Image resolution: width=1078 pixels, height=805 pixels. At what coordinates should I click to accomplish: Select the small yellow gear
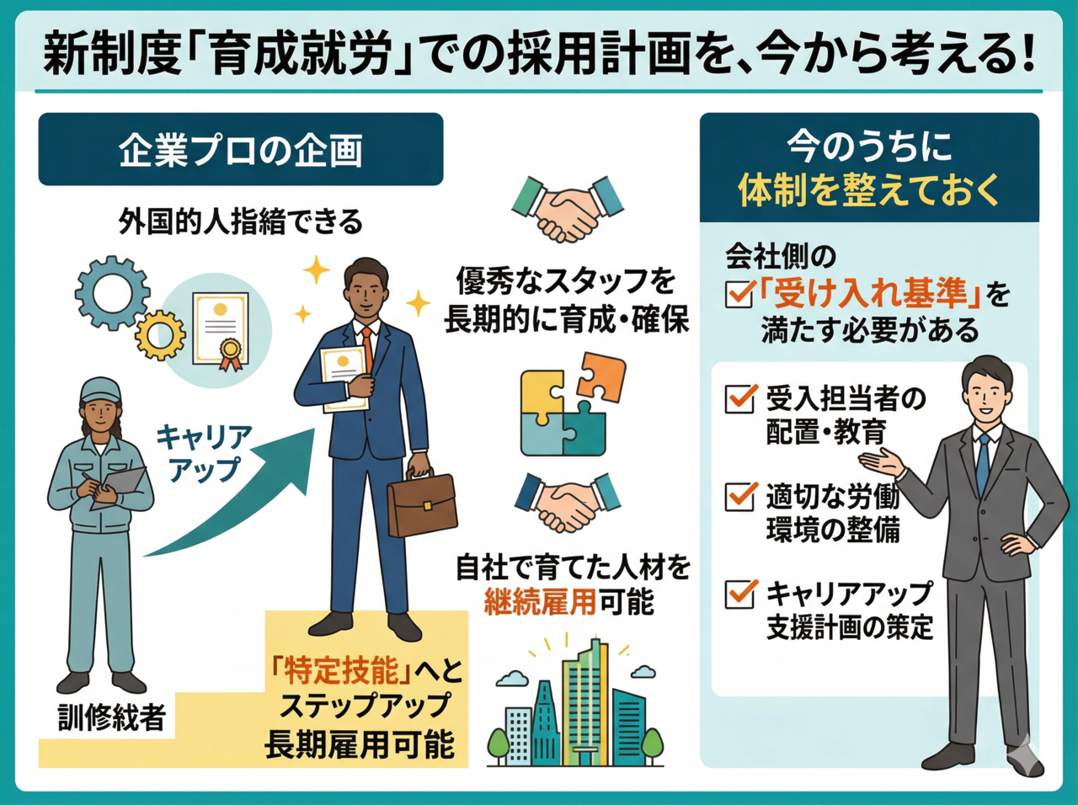160,335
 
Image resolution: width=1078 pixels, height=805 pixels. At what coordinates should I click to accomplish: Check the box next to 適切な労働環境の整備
740,497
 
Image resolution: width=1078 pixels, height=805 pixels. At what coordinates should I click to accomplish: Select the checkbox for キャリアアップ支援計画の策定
740,594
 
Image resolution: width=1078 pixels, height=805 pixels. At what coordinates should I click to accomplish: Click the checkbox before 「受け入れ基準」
739,294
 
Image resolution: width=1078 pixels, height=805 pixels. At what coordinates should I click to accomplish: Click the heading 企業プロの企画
241,150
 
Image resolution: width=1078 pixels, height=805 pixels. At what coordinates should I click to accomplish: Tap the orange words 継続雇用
540,602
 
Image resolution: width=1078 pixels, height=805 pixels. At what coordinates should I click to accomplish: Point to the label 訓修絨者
112,717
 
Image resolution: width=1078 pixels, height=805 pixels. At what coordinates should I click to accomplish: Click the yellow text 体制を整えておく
869,189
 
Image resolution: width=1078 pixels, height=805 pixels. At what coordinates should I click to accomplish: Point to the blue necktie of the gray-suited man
983,463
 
